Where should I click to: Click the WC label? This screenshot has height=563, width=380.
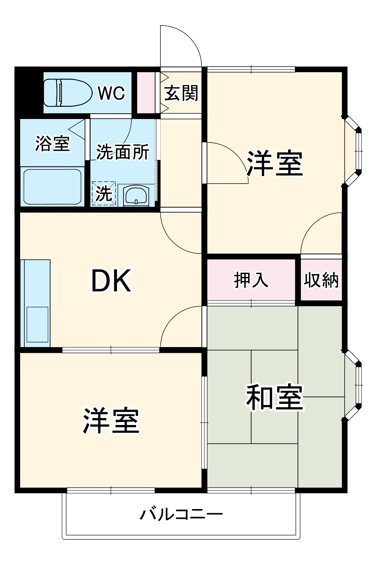pyautogui.click(x=111, y=93)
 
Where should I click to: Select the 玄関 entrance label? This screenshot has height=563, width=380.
pyautogui.click(x=181, y=93)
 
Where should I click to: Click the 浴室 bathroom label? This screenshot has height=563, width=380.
pyautogui.click(x=52, y=143)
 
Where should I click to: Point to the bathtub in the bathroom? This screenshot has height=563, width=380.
pyautogui.click(x=52, y=186)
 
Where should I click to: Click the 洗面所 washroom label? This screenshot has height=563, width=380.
pyautogui.click(x=122, y=152)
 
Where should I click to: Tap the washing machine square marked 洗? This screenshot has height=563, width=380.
pyautogui.click(x=104, y=193)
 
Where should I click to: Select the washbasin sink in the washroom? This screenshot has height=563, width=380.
pyautogui.click(x=136, y=196)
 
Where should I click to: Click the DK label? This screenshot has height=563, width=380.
pyautogui.click(x=111, y=281)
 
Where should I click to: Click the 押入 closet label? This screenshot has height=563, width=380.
pyautogui.click(x=251, y=280)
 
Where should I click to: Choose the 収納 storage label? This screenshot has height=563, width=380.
pyautogui.click(x=321, y=280)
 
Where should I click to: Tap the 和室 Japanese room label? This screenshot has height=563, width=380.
pyautogui.click(x=274, y=398)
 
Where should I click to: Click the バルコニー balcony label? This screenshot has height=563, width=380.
pyautogui.click(x=181, y=515)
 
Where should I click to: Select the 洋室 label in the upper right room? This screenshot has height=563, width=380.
pyautogui.click(x=275, y=163)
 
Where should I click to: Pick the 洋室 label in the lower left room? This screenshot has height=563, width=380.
pyautogui.click(x=111, y=421)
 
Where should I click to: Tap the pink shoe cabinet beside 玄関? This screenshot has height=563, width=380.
pyautogui.click(x=146, y=92)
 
